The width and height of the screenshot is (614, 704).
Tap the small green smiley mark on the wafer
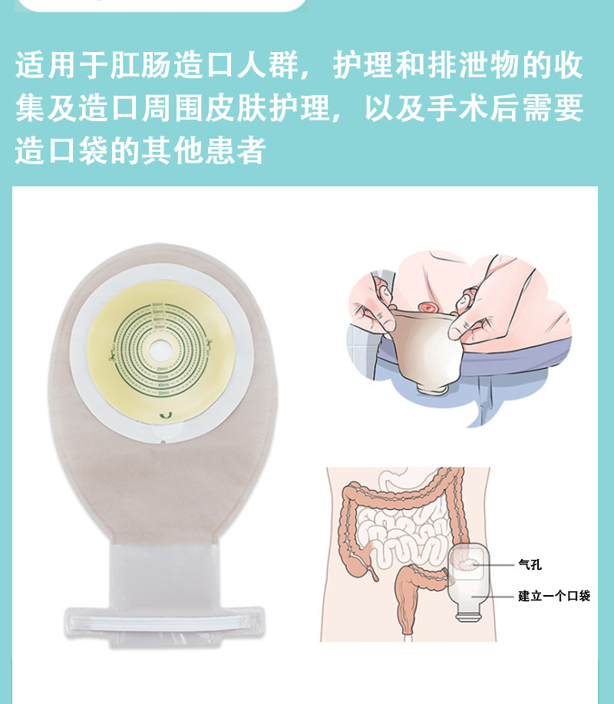[161, 415]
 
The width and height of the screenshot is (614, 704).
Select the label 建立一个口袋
[553, 596]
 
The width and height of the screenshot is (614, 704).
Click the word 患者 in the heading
[239, 150]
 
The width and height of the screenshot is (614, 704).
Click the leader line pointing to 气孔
[496, 565]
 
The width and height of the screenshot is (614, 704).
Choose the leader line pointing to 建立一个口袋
[496, 596]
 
